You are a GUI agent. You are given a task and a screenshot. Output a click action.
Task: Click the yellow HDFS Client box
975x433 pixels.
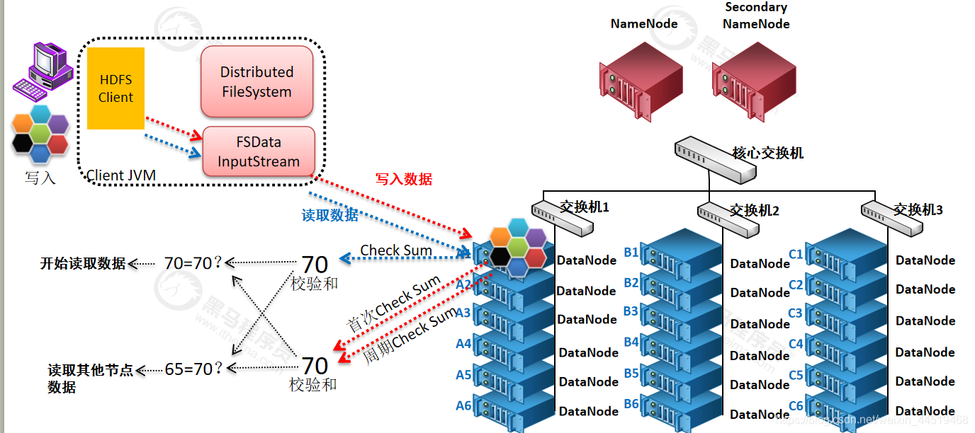coord(115,88)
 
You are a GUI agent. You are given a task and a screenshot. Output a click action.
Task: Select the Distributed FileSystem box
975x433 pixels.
coord(257,82)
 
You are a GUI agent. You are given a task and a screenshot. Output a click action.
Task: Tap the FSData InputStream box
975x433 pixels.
coord(259,152)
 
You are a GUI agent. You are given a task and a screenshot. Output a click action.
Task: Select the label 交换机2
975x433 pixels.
coord(755,210)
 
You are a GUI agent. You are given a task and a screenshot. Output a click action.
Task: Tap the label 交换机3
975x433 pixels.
coord(918,209)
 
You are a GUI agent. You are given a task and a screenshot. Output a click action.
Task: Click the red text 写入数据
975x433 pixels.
coord(404,179)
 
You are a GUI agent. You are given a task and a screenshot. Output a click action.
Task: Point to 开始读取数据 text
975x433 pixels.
coord(83,264)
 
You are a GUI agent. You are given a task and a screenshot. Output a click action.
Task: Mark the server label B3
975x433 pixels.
coord(631,311)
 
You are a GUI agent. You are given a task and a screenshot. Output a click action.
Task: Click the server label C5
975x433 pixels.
coord(796,375)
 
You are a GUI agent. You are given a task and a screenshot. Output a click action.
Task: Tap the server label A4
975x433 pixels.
coord(463,344)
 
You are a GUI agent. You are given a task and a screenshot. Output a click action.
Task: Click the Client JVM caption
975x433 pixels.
coord(121,175)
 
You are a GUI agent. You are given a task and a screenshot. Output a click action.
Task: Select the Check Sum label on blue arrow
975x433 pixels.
coord(396,250)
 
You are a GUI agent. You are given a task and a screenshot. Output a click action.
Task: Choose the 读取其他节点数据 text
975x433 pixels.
coord(90,378)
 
